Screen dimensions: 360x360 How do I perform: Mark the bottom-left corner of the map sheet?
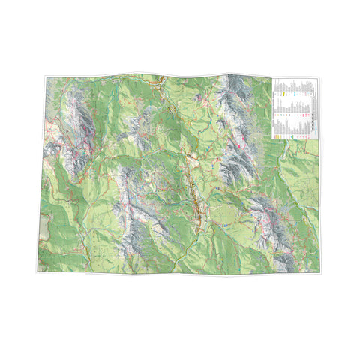(x=37, y=270)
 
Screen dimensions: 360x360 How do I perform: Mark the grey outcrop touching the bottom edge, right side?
(x=283, y=262)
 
